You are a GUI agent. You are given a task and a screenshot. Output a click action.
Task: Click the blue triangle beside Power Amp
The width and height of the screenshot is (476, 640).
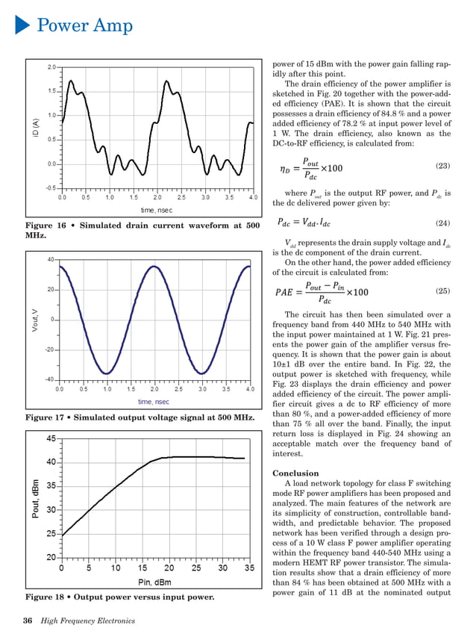[22, 26]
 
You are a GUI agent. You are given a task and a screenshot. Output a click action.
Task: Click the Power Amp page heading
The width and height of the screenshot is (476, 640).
[85, 26]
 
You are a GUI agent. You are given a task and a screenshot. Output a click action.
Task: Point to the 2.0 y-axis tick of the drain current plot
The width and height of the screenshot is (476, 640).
[51, 67]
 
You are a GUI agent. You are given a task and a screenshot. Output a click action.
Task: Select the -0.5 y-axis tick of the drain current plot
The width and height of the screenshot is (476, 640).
[49, 188]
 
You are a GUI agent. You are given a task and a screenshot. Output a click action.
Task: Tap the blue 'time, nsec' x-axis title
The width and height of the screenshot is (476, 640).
[154, 402]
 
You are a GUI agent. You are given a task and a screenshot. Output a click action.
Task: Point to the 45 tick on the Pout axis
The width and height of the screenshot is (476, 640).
[48, 438]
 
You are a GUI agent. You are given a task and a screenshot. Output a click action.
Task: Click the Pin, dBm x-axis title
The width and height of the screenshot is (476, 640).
[154, 582]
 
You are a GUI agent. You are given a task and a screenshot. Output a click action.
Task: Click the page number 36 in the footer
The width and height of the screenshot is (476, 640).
[28, 621]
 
